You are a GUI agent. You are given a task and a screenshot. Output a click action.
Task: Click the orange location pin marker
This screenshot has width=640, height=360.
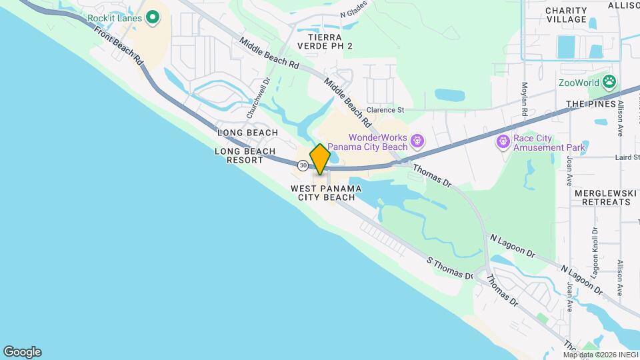(320, 159)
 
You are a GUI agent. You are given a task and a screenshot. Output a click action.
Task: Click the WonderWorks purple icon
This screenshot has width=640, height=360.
(417, 141)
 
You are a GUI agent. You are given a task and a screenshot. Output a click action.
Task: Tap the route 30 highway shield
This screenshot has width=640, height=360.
(303, 165)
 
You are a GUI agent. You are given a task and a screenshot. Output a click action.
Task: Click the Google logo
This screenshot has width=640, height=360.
(22, 351)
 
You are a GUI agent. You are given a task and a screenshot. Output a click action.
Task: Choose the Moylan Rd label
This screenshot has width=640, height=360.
(525, 99)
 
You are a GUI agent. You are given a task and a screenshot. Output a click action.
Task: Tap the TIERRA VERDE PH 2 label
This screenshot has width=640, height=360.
(325, 41)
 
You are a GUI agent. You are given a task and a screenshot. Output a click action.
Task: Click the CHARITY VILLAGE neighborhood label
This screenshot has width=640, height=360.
(566, 15)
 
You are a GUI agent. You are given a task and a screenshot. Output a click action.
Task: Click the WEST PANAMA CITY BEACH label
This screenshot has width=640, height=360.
(326, 193)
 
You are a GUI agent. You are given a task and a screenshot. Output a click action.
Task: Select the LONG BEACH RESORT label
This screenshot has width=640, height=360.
(245, 155)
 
